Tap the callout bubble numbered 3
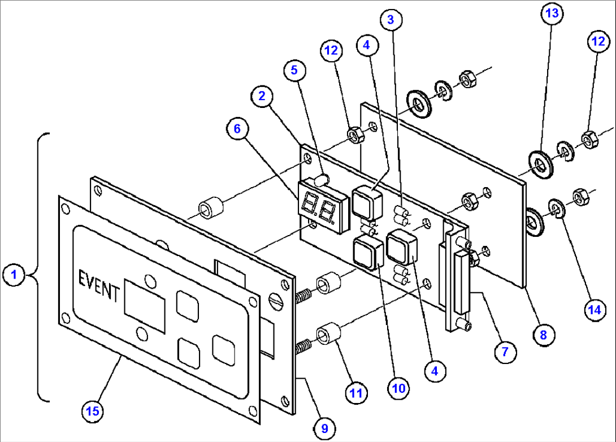pyautogui.click(x=391, y=19)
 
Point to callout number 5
pyautogui.click(x=294, y=70)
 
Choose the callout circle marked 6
pyautogui.click(x=237, y=129)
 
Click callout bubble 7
pyautogui.click(x=505, y=352)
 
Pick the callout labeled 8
pyautogui.click(x=543, y=334)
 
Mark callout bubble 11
pyautogui.click(x=356, y=392)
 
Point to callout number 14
pyautogui.click(x=592, y=309)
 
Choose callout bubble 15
pyautogui.click(x=92, y=411)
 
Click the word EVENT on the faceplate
pyautogui.click(x=99, y=286)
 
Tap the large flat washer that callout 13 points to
pyautogui.click(x=541, y=164)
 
